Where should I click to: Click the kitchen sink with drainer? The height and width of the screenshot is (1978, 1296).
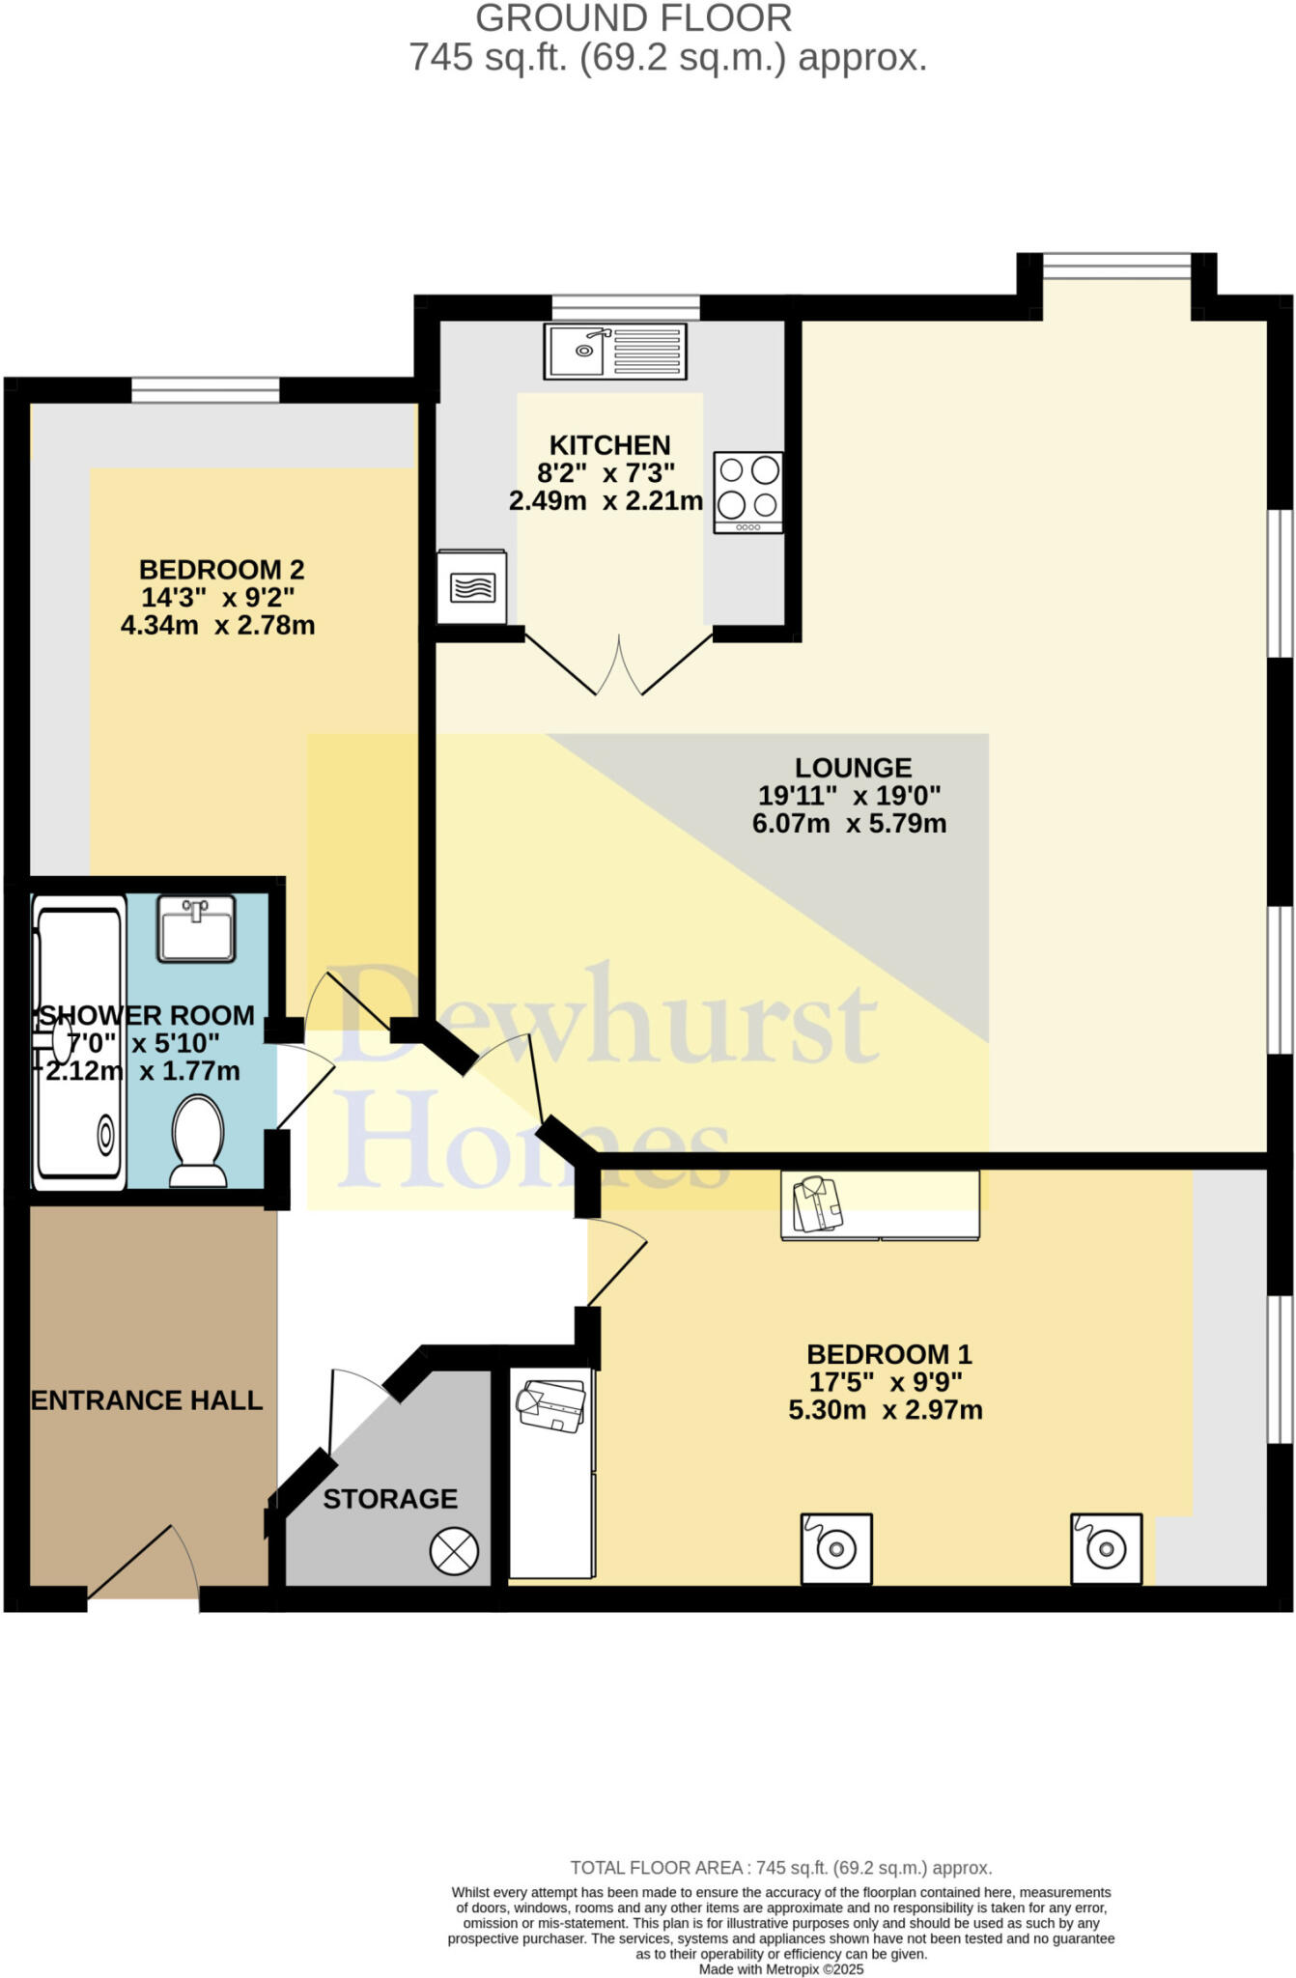tap(615, 351)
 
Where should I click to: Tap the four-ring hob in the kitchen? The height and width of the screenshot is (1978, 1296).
tap(748, 493)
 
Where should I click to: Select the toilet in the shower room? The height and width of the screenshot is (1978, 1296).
tap(198, 1141)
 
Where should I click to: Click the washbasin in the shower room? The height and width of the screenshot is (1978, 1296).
tap(197, 928)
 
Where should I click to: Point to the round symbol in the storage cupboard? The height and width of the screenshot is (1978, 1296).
tap(454, 1551)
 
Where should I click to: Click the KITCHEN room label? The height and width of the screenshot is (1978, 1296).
tap(609, 445)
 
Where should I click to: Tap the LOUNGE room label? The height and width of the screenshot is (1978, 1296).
tap(853, 768)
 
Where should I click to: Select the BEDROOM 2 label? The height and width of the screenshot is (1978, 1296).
tap(221, 569)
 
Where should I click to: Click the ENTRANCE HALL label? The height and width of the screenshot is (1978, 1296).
tap(147, 1400)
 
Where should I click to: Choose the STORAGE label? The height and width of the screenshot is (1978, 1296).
tap(390, 1499)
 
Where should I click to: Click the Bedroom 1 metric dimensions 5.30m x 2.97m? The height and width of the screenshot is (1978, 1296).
tap(886, 1410)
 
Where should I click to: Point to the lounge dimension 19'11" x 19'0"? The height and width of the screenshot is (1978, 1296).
tap(849, 796)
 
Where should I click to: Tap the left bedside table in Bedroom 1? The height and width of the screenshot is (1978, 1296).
tap(836, 1548)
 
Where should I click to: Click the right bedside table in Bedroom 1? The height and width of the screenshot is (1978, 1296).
tap(1106, 1548)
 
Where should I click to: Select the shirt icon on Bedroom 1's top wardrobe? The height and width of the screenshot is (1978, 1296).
tap(818, 1203)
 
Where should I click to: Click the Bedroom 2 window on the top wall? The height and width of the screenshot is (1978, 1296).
tap(205, 390)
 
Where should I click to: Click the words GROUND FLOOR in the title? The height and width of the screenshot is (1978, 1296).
tap(634, 18)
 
